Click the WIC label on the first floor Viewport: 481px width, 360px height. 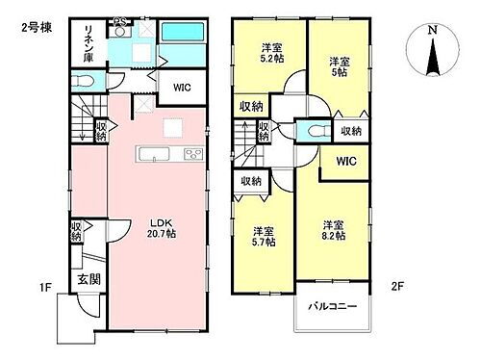click(183, 87)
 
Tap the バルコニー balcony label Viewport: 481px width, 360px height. click(332, 307)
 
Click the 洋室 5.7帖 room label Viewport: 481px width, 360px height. click(264, 237)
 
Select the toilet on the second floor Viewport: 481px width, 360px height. click(313, 130)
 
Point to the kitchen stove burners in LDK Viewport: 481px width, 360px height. click(190, 154)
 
